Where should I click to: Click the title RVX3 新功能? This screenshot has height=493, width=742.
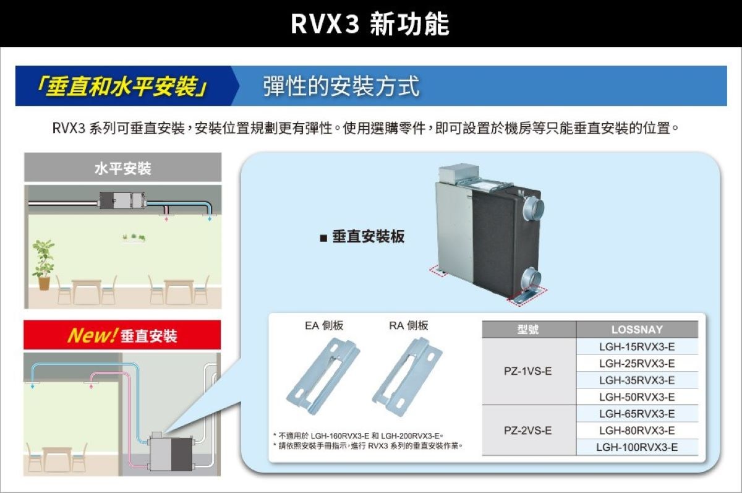coord(370,24)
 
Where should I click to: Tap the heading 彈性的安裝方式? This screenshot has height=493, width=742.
coord(341,86)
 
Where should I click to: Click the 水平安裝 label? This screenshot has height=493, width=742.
coord(122,168)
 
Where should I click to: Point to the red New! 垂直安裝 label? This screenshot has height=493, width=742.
coord(122,335)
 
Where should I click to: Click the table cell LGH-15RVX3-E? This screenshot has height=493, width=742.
coord(636,346)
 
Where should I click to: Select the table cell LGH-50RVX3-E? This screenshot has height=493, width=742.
coord(636,397)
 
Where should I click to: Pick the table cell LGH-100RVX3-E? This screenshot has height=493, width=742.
coord(636,447)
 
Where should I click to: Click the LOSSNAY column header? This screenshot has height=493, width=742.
coord(636,330)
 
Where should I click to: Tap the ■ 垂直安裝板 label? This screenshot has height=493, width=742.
coord(362,237)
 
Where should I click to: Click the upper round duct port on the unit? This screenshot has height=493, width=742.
coord(531,207)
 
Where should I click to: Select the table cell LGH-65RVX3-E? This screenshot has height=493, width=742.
coord(636,413)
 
